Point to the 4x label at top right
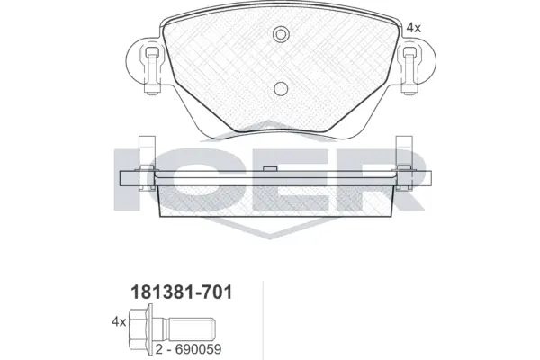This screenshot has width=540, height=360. [413, 28]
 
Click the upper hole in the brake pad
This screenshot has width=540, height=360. [280, 35]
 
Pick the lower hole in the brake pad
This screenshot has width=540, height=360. [280, 88]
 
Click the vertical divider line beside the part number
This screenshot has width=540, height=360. [261, 319]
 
